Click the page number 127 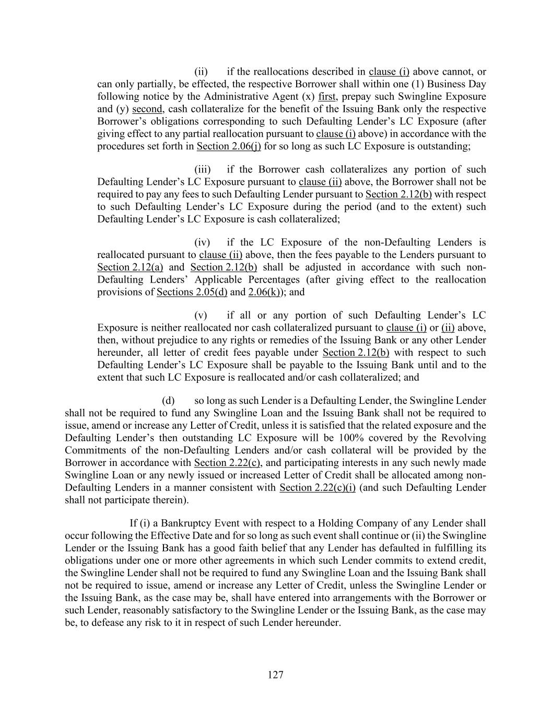[x=275, y=675]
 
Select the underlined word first [x=326, y=97]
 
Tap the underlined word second [x=147, y=109]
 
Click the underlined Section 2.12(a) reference [x=130, y=267]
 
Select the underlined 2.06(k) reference [x=264, y=292]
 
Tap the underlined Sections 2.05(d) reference [x=192, y=292]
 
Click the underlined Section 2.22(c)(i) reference [x=318, y=488]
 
